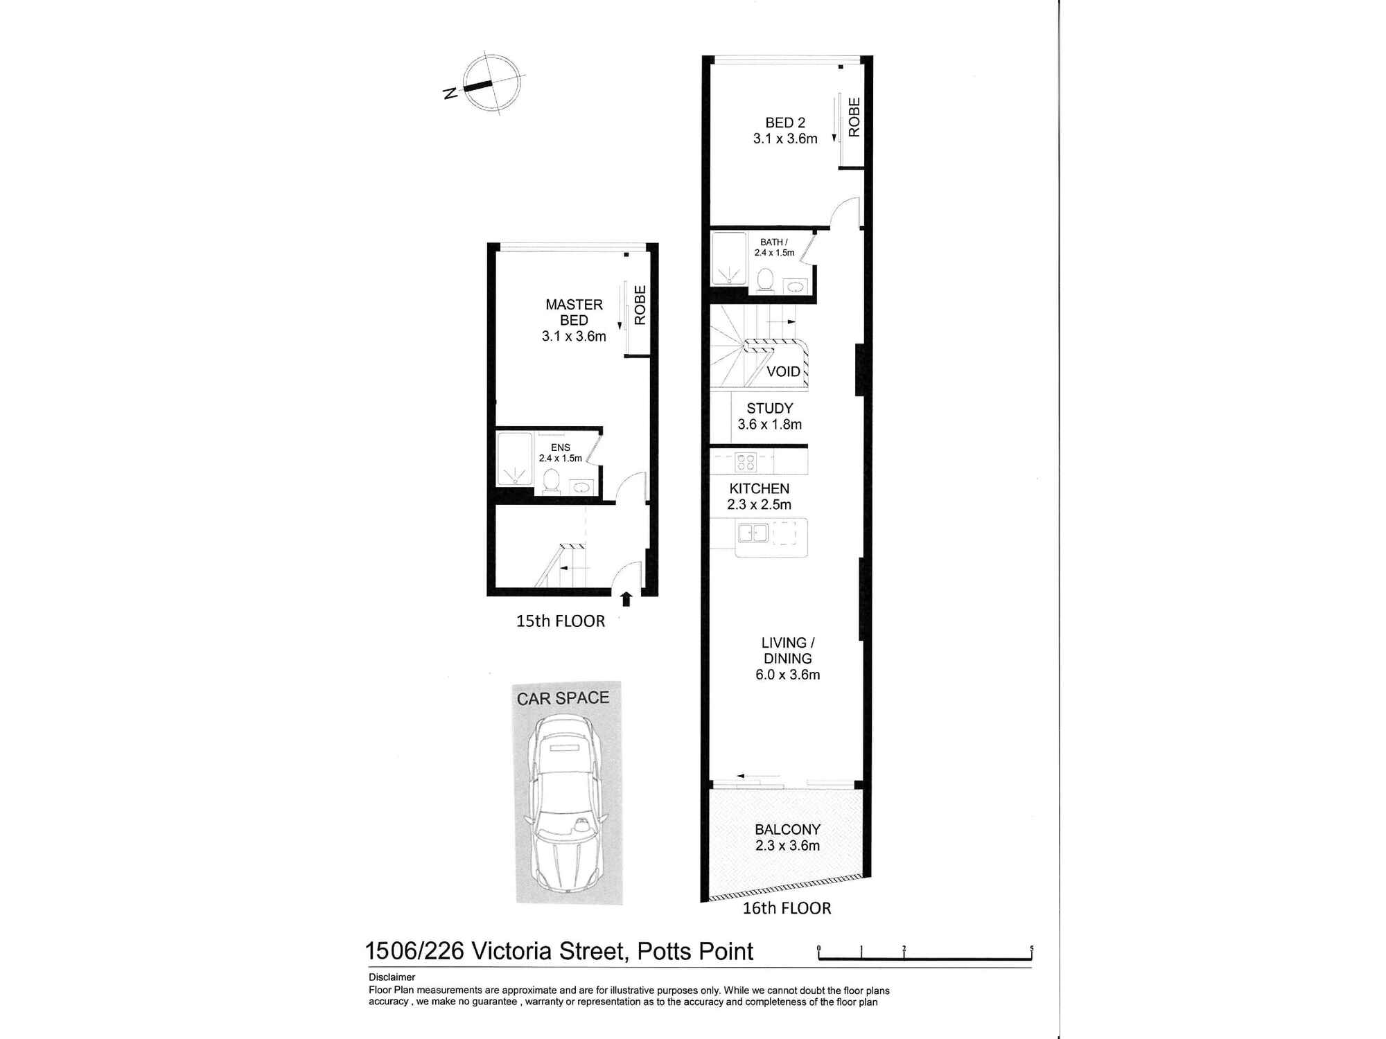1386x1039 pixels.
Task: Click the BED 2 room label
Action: pyautogui.click(x=785, y=130)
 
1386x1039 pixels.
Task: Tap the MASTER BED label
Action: pyautogui.click(x=574, y=320)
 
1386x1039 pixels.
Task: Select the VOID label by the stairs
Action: pyautogui.click(x=783, y=372)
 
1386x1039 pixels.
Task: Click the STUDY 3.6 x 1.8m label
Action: pyautogui.click(x=769, y=416)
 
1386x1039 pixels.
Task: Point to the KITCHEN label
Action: pyautogui.click(x=759, y=488)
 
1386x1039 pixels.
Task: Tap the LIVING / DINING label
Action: pyautogui.click(x=788, y=659)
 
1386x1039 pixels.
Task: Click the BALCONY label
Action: pyautogui.click(x=787, y=829)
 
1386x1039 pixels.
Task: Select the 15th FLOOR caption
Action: pyautogui.click(x=560, y=621)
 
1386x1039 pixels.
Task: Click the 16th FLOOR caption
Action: pyautogui.click(x=787, y=908)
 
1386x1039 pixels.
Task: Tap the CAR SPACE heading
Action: pyautogui.click(x=563, y=698)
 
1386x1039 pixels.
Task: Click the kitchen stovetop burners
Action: pyautogui.click(x=745, y=462)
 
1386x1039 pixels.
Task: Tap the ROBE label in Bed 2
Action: pyautogui.click(x=854, y=117)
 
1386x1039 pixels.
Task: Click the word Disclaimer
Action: pyautogui.click(x=392, y=977)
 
